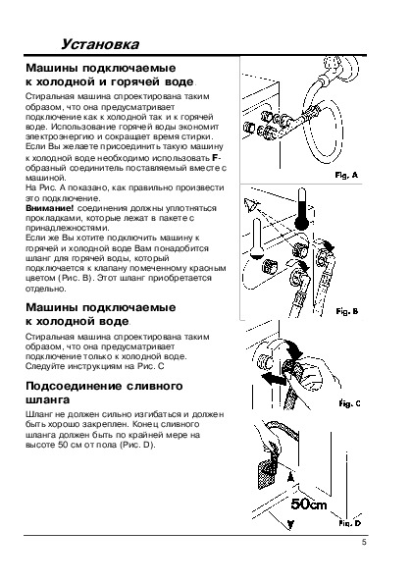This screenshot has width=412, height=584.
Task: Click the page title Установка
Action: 100,44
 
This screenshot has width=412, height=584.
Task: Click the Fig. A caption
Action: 346,175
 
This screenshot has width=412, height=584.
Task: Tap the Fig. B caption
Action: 347,311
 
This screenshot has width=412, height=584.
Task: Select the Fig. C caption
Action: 349,403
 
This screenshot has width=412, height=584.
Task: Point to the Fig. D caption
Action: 349,523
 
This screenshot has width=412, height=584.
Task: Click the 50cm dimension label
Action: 309,504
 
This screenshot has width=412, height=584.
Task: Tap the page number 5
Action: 364,542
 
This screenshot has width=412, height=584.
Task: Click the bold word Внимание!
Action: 50,208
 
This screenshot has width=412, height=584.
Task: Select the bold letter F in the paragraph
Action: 215,158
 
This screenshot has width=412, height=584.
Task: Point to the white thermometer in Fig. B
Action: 256,239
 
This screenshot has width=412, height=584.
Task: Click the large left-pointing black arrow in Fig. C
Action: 274,379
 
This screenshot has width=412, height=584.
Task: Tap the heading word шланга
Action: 48,400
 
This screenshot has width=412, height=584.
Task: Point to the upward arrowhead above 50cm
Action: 291,477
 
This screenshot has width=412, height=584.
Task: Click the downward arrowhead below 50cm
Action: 291,524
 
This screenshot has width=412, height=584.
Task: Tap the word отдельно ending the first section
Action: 46,289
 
